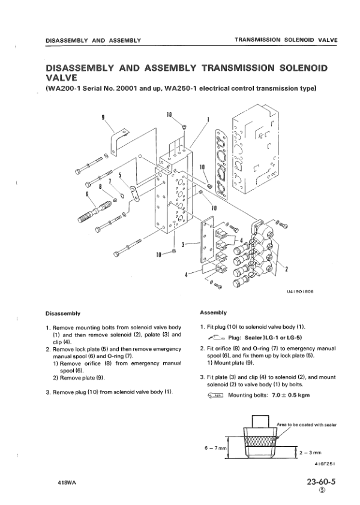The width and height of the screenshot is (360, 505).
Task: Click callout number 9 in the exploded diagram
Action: tap(104, 118)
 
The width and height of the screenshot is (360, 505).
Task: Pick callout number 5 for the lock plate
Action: tap(120, 175)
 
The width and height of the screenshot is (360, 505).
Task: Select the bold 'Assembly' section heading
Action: tap(212, 312)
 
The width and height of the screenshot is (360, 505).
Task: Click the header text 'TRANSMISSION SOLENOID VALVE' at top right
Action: tap(286, 40)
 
